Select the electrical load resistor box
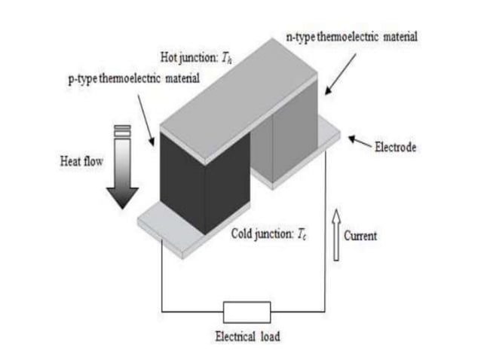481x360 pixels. coord(247,311)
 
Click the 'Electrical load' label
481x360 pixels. coord(247,337)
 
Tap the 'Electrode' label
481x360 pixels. coord(396,148)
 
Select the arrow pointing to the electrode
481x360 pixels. coord(359,142)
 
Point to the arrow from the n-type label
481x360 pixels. coord(335,75)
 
